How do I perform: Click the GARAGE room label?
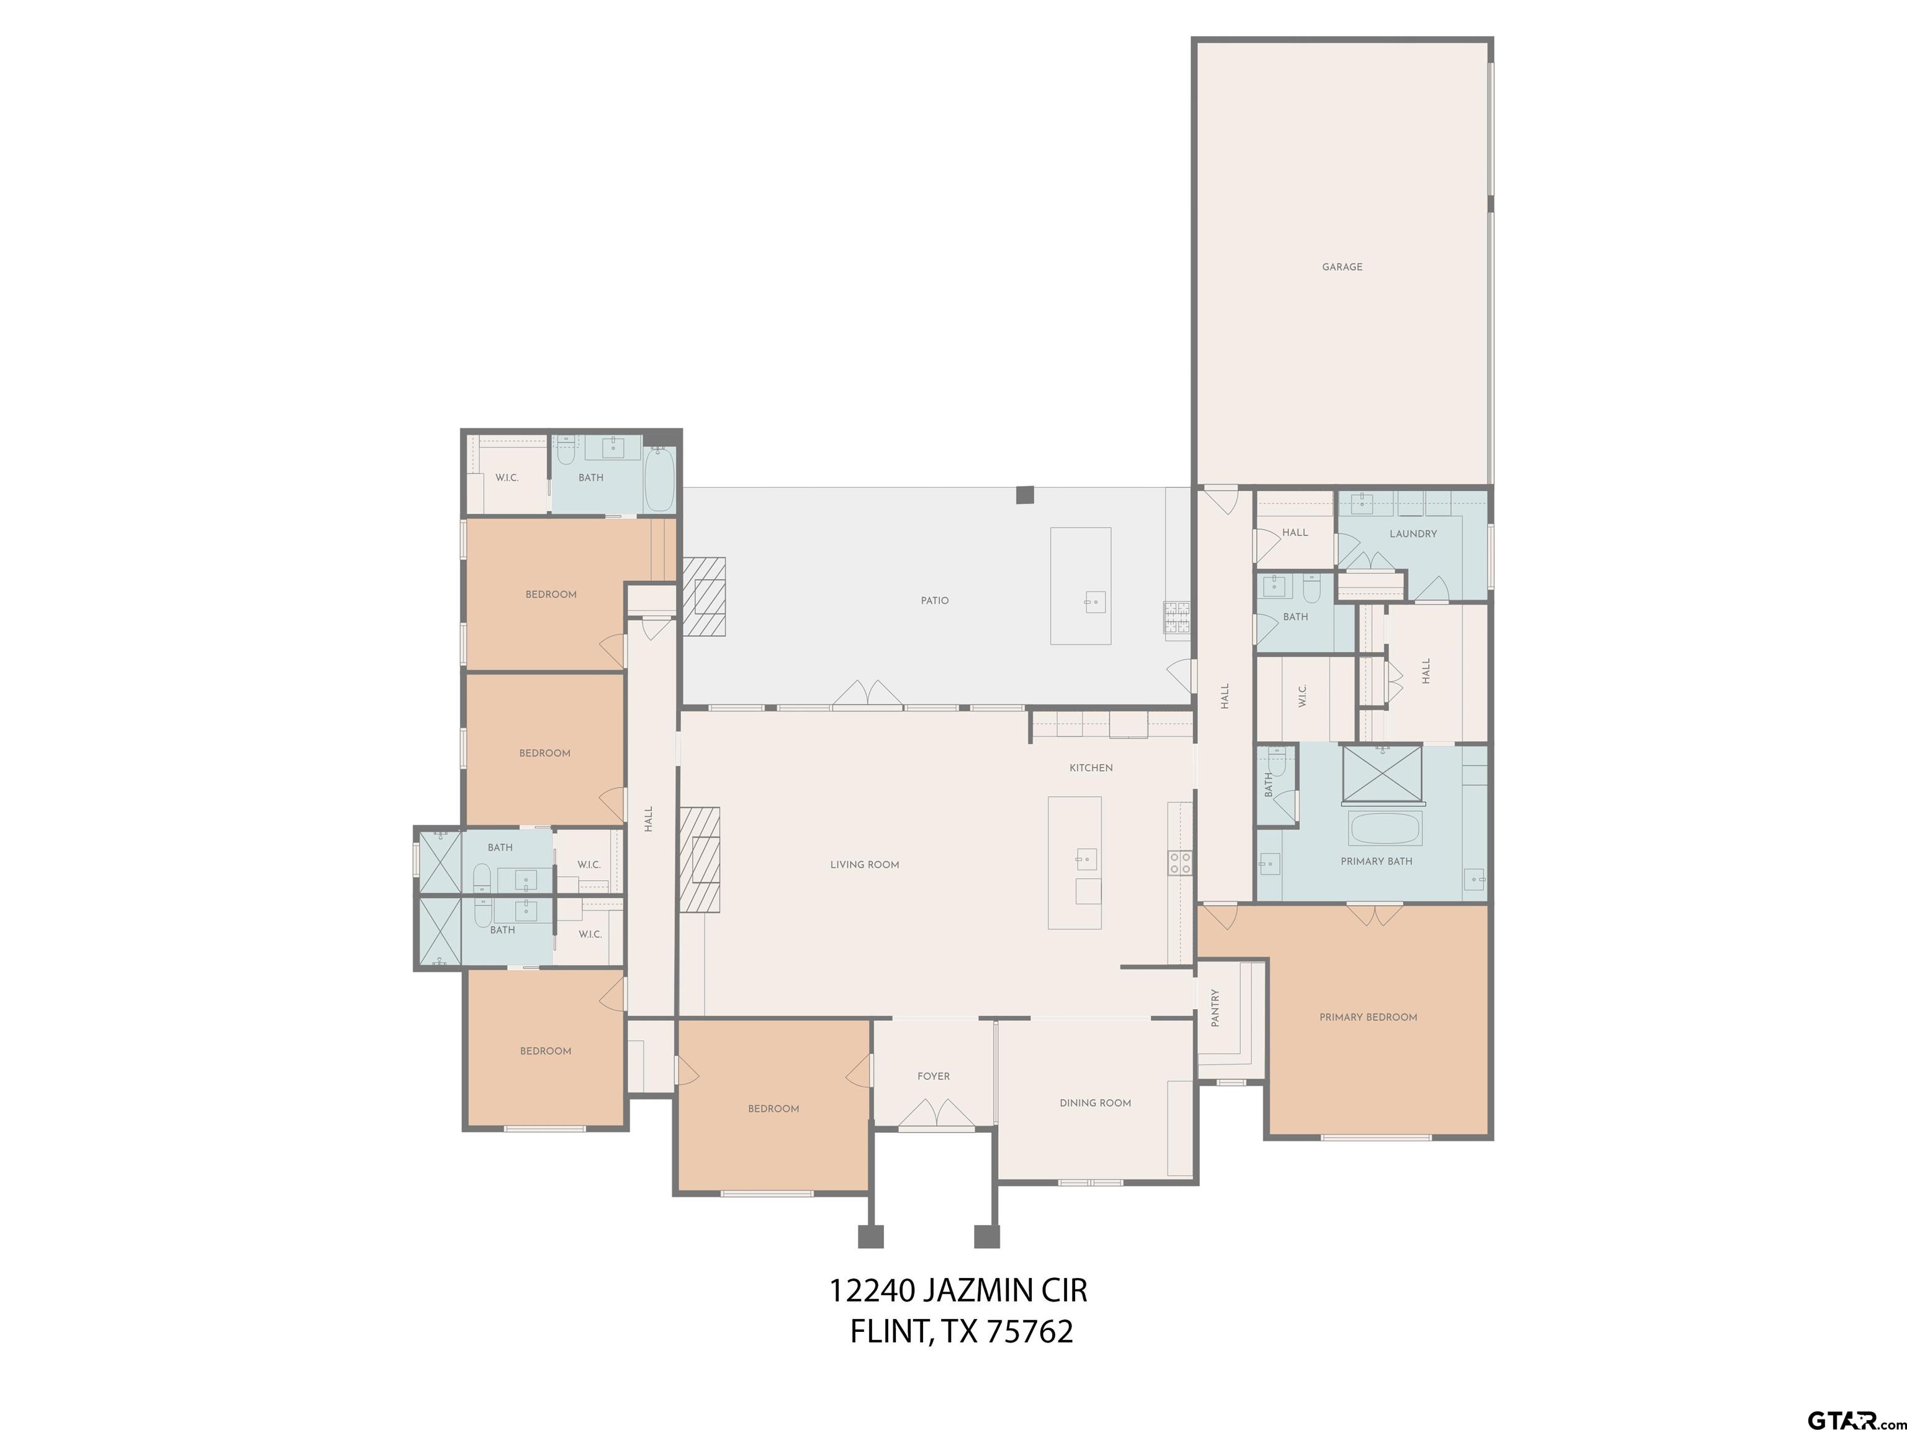tap(1341, 268)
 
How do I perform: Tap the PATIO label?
tap(934, 601)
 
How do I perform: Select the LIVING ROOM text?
tap(864, 865)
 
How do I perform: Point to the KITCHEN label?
tap(1091, 768)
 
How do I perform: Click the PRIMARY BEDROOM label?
tap(1368, 1017)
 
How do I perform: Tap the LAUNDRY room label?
tap(1412, 534)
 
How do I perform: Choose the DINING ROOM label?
tap(1095, 1102)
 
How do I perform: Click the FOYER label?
tap(933, 1077)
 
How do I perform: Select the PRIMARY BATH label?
tap(1376, 861)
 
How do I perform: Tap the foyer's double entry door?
tap(936, 1113)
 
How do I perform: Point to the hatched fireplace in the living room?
tap(699, 860)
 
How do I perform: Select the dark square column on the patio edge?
tap(1024, 495)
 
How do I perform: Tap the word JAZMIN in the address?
tap(978, 1291)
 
